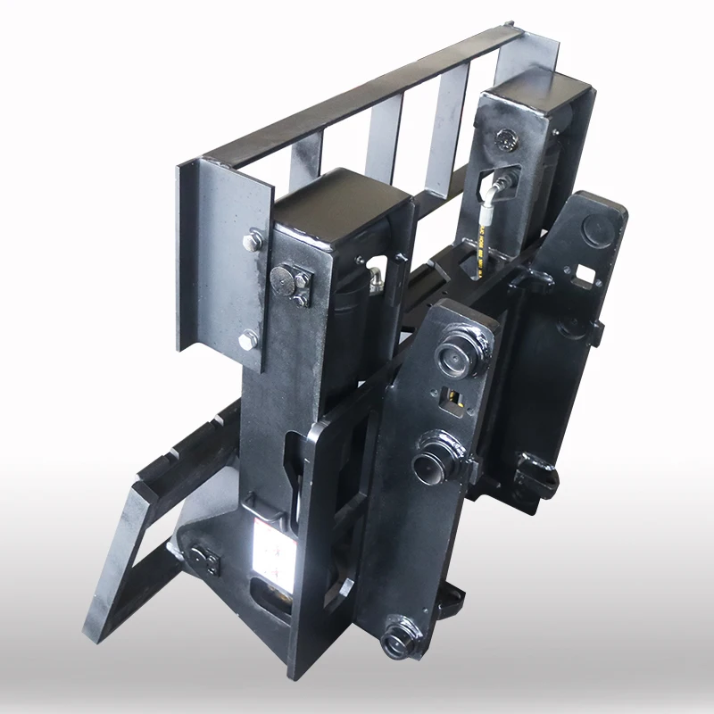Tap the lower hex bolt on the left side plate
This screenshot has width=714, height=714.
pyautogui.click(x=249, y=339)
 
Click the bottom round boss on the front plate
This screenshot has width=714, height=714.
pyautogui.click(x=397, y=639)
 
